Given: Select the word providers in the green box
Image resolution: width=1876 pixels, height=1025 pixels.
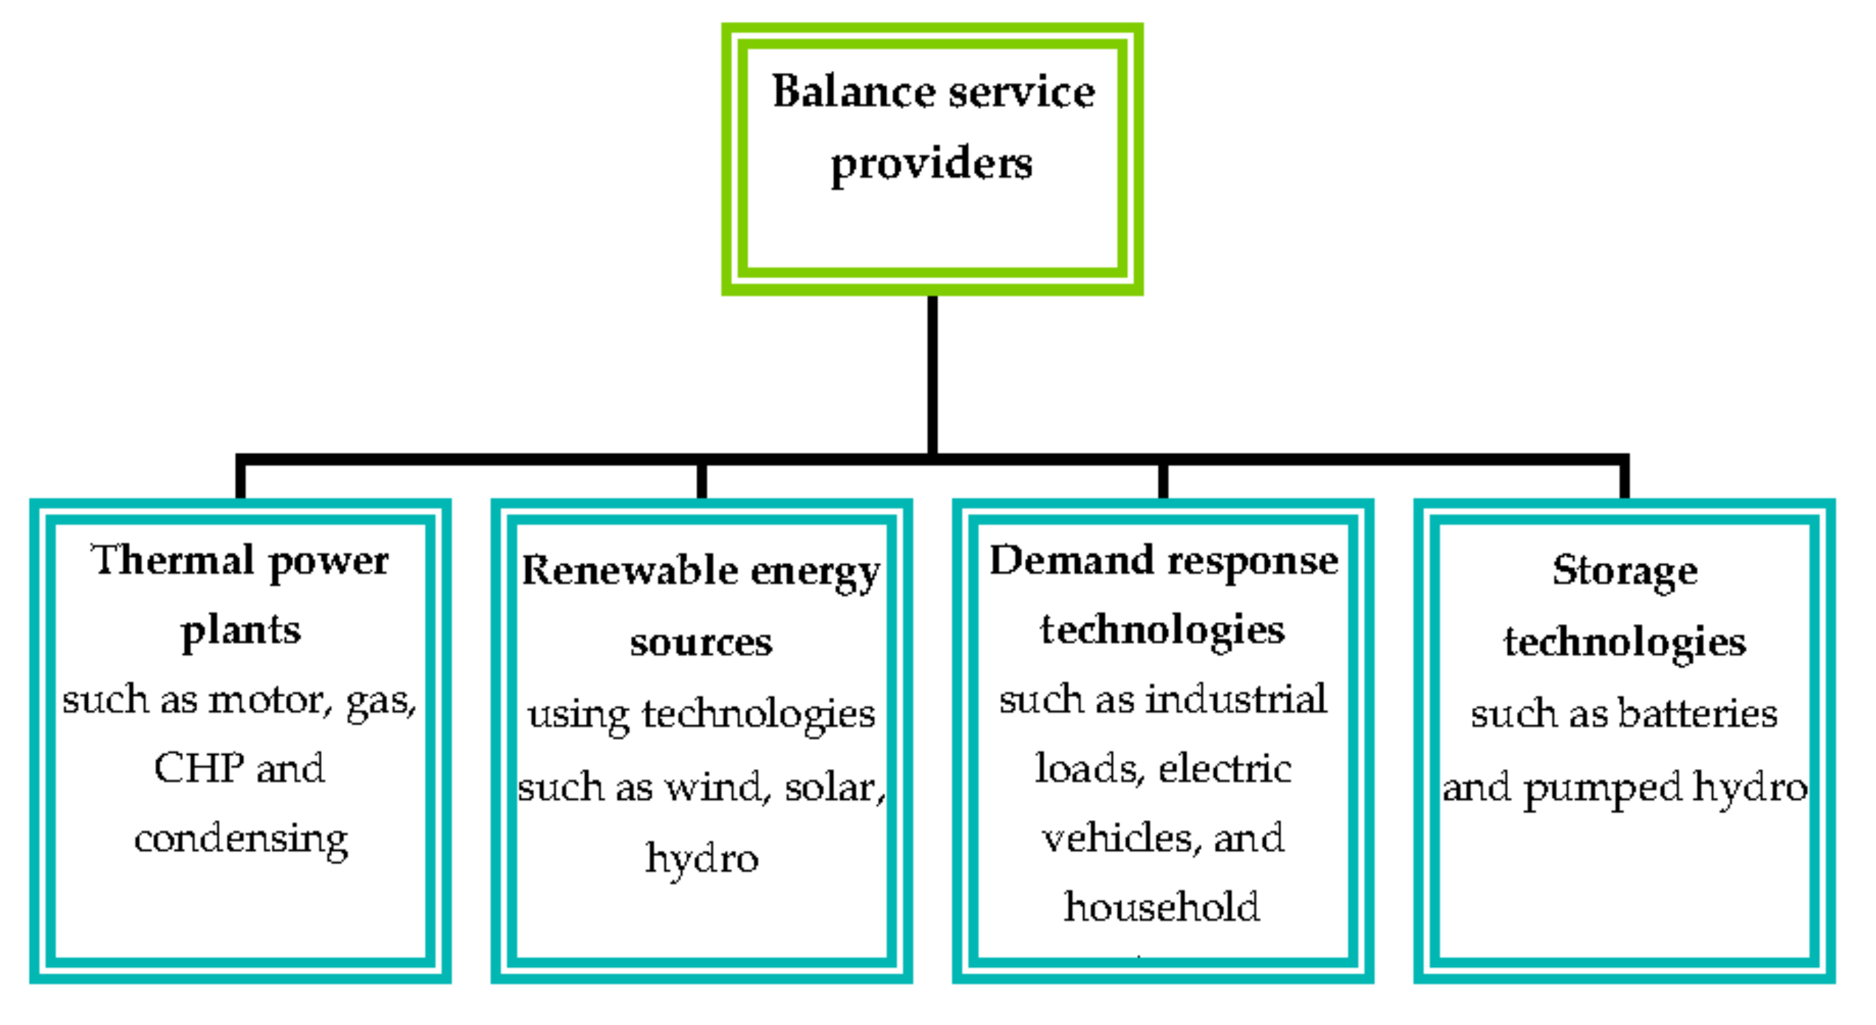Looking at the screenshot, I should point(931,164).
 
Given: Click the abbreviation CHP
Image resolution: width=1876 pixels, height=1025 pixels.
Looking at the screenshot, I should point(198,768).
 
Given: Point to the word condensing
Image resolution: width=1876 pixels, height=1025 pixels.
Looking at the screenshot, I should point(241,840).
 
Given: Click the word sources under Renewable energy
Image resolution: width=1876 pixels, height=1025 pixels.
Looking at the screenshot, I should point(700,643).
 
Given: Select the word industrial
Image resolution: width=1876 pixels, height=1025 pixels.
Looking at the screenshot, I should point(1236,699).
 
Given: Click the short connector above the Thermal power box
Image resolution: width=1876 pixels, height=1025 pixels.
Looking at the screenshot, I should point(240,479).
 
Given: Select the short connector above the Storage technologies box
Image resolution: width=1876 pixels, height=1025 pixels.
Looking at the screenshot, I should point(1624,479).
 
